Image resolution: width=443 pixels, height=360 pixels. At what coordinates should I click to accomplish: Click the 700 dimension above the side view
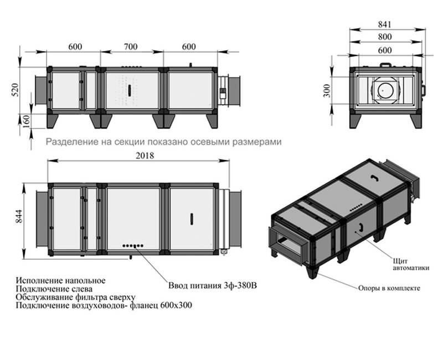(131, 47)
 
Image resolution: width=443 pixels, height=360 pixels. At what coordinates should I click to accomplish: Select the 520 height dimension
(16, 90)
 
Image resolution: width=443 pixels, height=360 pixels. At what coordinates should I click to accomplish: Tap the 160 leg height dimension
(26, 121)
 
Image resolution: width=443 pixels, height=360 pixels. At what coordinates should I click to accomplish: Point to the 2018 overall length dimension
(145, 156)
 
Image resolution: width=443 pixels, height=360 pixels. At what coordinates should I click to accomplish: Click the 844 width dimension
(19, 216)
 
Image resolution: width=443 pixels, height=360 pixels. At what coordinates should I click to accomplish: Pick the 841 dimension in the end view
(385, 24)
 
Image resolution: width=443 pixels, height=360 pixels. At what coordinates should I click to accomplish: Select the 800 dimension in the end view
(385, 37)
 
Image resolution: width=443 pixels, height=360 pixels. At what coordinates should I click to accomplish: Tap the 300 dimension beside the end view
(327, 90)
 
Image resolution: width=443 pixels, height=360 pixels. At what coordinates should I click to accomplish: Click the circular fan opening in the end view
(385, 90)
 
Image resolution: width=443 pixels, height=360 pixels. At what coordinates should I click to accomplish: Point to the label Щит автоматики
(411, 265)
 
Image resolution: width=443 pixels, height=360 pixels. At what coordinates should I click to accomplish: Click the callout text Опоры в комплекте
(389, 288)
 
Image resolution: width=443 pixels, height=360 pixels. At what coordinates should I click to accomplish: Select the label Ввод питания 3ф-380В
(213, 285)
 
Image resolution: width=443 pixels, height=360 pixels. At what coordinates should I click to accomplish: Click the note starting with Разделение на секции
(163, 142)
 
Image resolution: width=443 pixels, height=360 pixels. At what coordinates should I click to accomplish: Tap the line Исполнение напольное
(60, 281)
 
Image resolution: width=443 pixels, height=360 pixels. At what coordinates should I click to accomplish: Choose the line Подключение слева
(54, 289)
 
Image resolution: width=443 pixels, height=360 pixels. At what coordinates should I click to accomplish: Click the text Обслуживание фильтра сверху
(75, 297)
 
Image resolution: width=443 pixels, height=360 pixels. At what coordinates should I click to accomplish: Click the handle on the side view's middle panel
(130, 90)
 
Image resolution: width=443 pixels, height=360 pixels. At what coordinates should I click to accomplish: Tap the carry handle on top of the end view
(386, 65)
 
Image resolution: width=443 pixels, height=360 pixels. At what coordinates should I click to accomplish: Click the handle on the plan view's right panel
(192, 219)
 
